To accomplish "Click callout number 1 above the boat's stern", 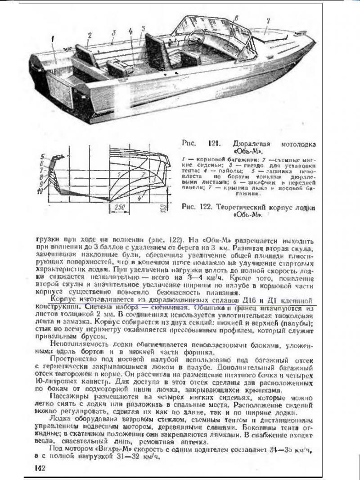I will [53, 39].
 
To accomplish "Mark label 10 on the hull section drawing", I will [40, 192].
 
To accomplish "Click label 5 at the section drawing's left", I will [42, 157].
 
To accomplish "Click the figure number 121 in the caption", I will [214, 144].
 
